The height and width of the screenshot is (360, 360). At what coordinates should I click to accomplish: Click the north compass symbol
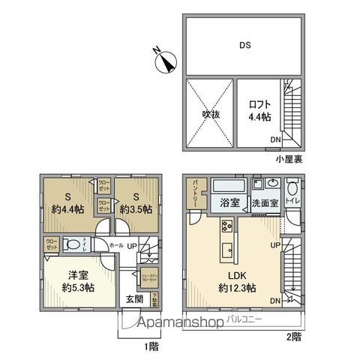pos(164,59)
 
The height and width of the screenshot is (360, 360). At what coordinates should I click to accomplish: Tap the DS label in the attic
pos(244,45)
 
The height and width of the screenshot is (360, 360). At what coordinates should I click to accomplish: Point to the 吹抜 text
pos(211,114)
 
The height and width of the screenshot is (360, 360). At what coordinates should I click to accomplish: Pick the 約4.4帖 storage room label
pos(67,203)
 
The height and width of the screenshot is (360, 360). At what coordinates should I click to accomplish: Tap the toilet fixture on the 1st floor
pos(71,243)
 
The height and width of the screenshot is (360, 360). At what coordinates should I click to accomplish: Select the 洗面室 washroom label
pos(264,202)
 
